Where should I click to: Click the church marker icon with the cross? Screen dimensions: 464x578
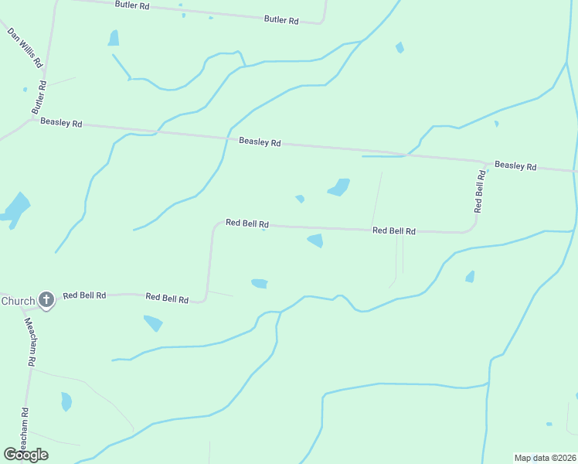(x=46, y=299)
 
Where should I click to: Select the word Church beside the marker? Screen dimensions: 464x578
(x=17, y=301)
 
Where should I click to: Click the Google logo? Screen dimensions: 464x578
(x=25, y=455)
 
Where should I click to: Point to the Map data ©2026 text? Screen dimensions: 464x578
(x=545, y=458)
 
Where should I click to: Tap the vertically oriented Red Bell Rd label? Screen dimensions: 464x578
(x=480, y=190)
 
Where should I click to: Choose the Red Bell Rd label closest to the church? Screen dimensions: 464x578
(x=84, y=295)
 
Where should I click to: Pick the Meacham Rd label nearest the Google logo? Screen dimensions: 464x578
(x=25, y=429)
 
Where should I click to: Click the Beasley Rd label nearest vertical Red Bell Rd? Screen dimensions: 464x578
(x=515, y=165)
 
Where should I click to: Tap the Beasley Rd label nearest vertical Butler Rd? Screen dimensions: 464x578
(x=61, y=122)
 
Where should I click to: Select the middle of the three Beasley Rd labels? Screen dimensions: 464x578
(x=260, y=142)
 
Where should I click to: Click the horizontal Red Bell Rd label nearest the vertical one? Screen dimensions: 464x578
(x=393, y=230)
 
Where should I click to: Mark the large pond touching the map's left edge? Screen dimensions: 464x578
(x=15, y=208)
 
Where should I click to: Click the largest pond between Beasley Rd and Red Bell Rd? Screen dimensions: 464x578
(x=338, y=187)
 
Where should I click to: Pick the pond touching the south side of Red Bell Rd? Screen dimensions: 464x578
(x=315, y=241)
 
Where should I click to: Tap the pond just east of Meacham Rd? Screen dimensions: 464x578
(x=66, y=401)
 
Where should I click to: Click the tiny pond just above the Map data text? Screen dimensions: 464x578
(x=549, y=424)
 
